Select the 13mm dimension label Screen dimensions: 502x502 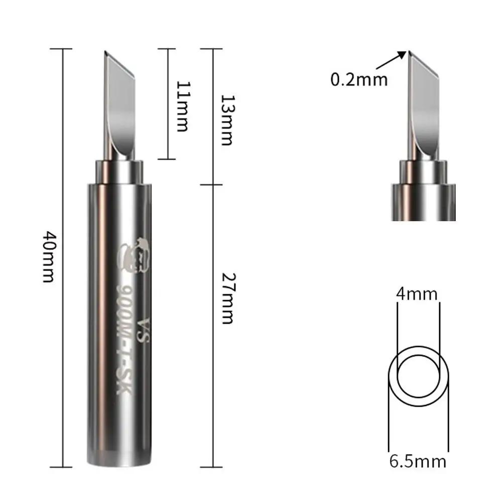tap(227, 119)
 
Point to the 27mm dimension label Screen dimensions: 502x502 tap(227, 298)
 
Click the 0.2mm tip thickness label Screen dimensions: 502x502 tap(359, 79)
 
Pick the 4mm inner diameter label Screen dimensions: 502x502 tap(417, 294)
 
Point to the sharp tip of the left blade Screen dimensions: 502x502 tap(105, 52)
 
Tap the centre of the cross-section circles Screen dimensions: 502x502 tap(418, 375)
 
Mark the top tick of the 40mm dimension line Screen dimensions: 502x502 tap(63, 49)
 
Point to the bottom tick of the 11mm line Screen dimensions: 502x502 tap(167, 159)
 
